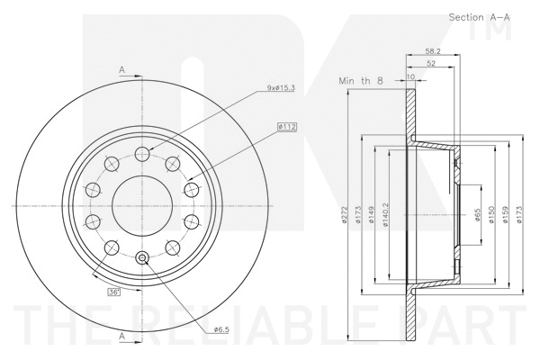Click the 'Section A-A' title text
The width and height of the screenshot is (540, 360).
click(x=479, y=17)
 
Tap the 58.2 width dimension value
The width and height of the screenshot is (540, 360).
click(x=433, y=51)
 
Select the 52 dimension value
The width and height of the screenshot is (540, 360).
click(x=431, y=63)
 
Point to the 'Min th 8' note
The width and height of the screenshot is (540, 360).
click(x=361, y=81)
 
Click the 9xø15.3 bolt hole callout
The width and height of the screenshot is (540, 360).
click(x=281, y=88)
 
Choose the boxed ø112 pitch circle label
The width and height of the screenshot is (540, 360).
click(x=287, y=127)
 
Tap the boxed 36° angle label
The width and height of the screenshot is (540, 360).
click(x=114, y=292)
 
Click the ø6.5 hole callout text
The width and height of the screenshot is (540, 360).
click(x=221, y=329)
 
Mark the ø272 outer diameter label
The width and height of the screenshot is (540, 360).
click(x=344, y=214)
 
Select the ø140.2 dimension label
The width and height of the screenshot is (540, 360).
click(x=386, y=214)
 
